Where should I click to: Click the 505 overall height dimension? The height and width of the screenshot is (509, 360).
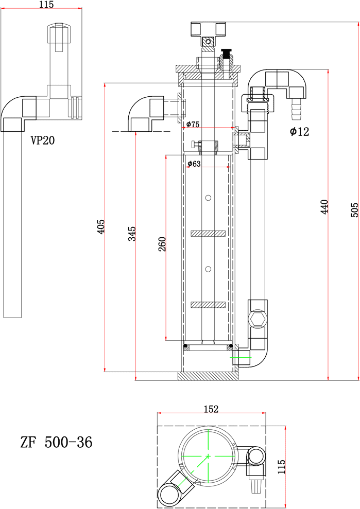point(355,210)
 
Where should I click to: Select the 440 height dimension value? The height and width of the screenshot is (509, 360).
point(324,207)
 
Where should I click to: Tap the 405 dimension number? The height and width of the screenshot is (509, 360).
point(101,226)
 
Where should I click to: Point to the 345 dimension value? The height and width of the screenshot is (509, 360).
point(132,234)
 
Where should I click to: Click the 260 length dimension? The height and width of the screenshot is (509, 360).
point(162,244)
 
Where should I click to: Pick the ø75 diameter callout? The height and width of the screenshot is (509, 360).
point(193,124)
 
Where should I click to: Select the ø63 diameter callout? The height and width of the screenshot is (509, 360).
point(194,164)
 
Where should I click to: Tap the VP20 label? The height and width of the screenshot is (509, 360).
point(43,140)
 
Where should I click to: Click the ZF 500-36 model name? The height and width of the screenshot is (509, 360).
point(57,442)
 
